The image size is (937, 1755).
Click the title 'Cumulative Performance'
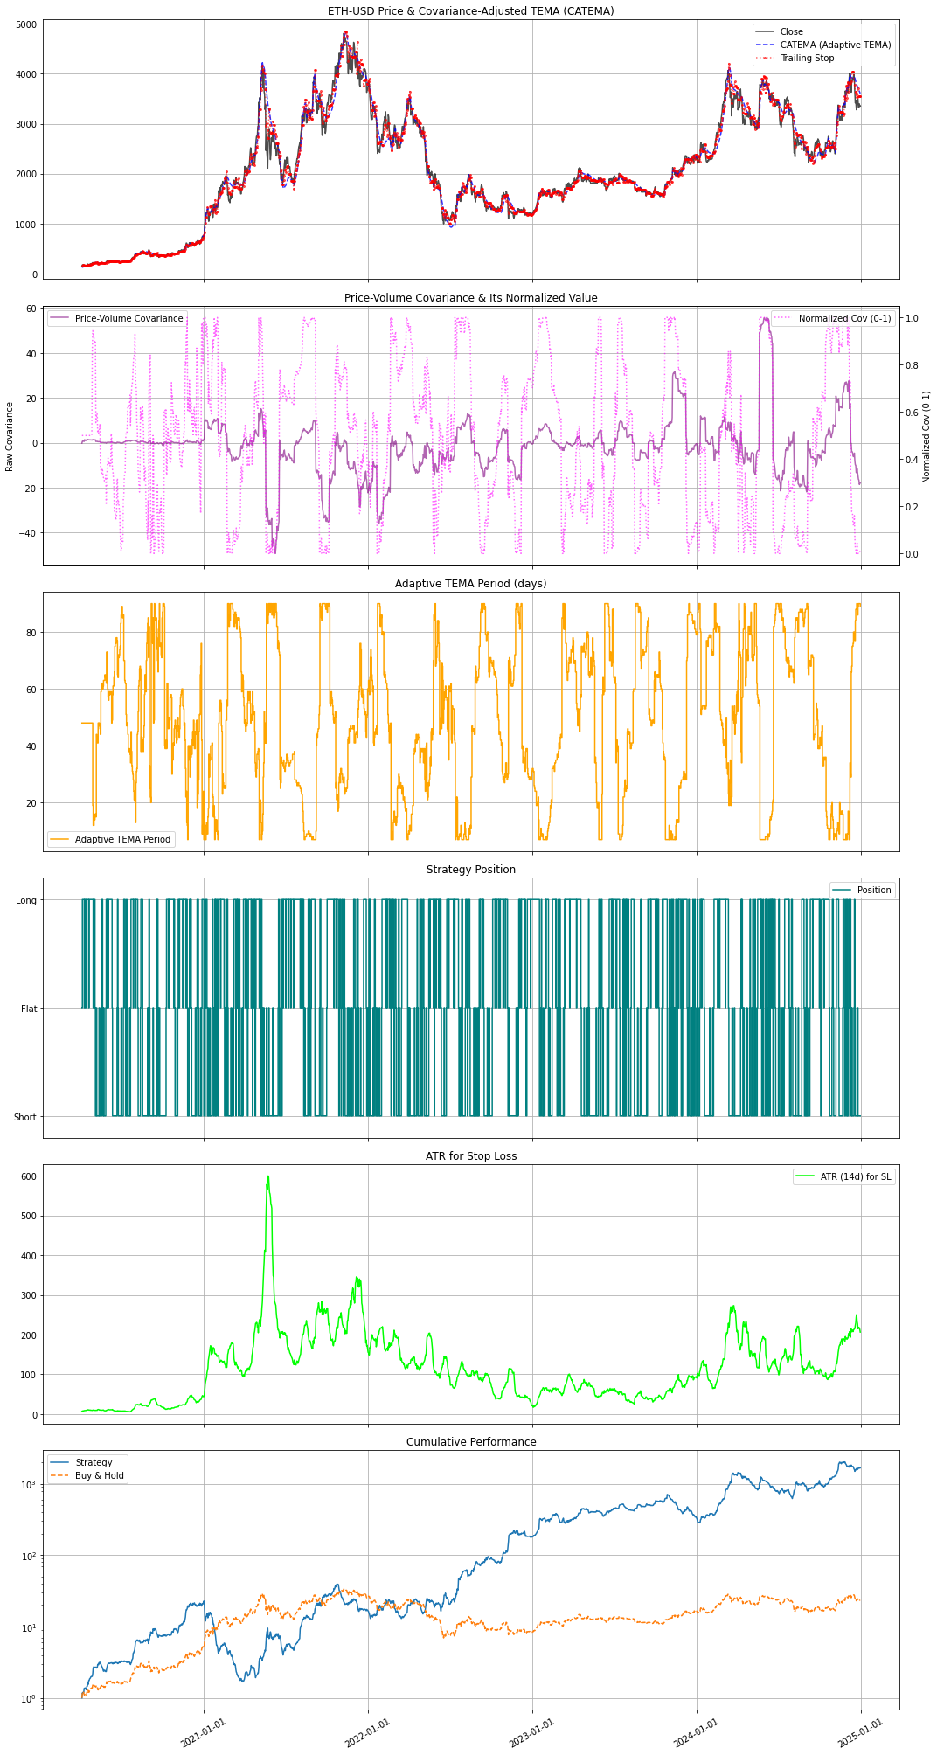click(471, 1441)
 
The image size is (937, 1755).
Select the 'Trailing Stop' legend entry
click(807, 59)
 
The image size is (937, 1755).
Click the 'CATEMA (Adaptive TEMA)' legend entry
click(835, 45)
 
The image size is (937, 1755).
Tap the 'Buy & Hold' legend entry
click(99, 1475)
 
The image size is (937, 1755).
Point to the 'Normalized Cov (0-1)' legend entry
click(844, 318)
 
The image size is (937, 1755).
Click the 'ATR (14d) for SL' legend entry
click(855, 1176)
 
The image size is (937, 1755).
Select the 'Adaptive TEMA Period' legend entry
click(122, 839)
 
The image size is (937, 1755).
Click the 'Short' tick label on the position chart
click(25, 1117)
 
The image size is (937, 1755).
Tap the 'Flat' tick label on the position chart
click(29, 1009)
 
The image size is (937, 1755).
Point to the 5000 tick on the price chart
click(26, 24)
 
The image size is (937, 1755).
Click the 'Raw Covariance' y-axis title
click(10, 437)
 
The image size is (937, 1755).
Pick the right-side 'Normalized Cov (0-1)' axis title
click(927, 437)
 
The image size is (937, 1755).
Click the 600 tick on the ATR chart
click(29, 1176)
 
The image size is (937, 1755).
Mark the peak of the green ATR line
click(268, 1177)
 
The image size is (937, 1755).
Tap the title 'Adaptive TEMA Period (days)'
click(471, 583)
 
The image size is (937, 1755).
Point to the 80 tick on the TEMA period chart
click(31, 632)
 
